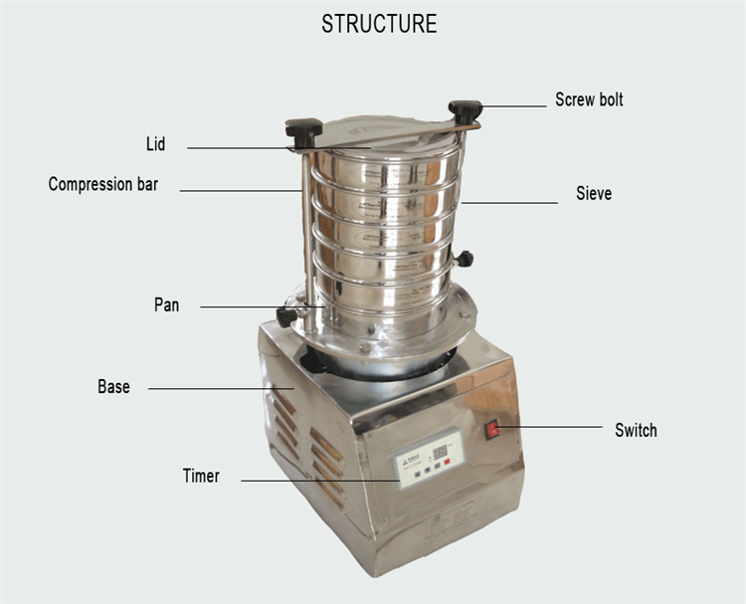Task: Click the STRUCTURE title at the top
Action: [378, 24]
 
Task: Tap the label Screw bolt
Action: [589, 100]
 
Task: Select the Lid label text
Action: [155, 144]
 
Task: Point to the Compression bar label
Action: [102, 184]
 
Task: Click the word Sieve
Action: [594, 193]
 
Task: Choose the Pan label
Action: [166, 304]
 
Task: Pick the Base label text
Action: [113, 386]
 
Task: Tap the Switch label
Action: [636, 430]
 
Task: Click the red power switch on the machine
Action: [491, 429]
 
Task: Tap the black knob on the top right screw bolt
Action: [465, 108]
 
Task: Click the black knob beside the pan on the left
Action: [286, 316]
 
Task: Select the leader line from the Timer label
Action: [318, 482]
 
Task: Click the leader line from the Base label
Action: [219, 389]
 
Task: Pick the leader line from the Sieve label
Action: [509, 203]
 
